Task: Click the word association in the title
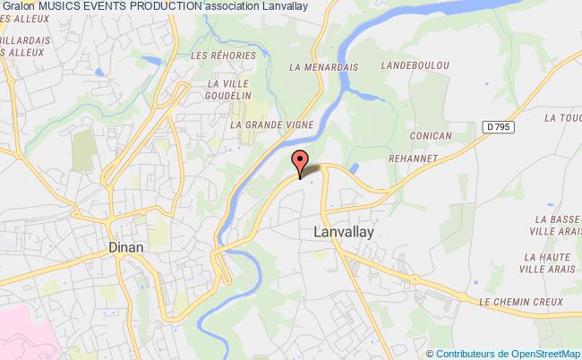[x=233, y=6]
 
